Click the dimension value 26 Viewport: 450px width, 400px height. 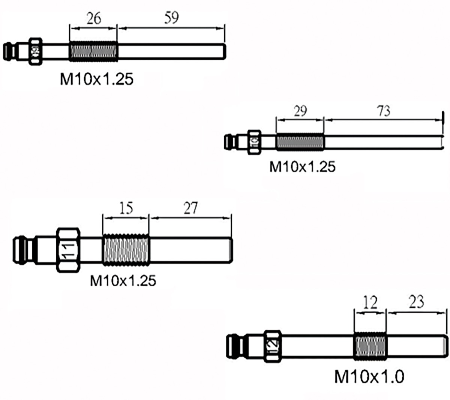click(93, 18)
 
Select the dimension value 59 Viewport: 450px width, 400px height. click(171, 18)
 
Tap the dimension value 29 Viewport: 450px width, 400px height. click(300, 111)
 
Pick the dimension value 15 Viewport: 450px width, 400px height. click(126, 208)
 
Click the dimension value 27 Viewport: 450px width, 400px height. click(190, 208)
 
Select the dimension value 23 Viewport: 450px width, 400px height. click(416, 302)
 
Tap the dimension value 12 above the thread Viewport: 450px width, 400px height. click(370, 302)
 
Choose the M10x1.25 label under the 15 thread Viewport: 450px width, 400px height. click(123, 280)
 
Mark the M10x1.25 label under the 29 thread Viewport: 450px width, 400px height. click(302, 167)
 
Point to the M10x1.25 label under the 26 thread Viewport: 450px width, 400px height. click(96, 79)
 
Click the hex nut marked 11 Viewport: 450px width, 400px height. click(68, 250)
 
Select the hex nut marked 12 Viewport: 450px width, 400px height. click(272, 346)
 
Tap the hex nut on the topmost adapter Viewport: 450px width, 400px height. click(36, 51)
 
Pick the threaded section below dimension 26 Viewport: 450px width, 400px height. click(93, 52)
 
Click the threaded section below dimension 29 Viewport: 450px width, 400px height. click(300, 142)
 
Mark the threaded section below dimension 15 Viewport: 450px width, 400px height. click(126, 250)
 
